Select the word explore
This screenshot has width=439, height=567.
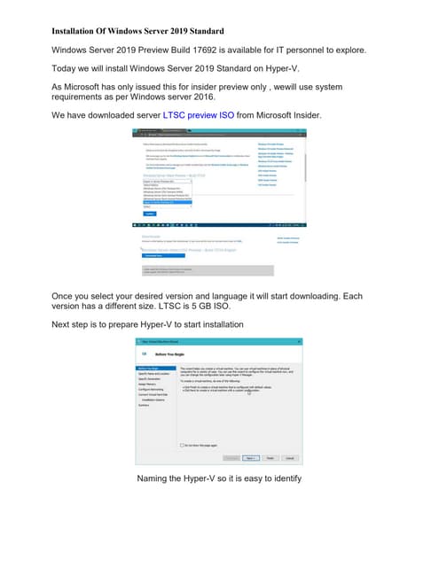[342, 50]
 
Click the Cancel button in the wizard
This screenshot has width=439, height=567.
[288, 458]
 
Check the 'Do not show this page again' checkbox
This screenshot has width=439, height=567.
[181, 445]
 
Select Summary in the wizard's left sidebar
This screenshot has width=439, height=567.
[143, 405]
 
